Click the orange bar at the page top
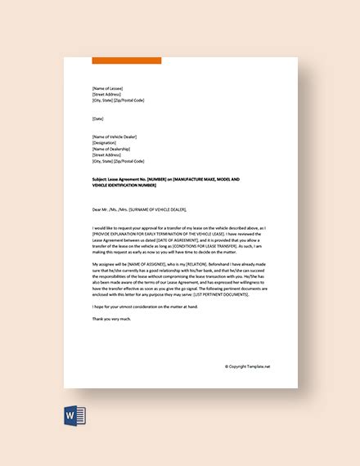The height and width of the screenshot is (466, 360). pos(127,60)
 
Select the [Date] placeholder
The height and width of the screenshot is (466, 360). pos(99,118)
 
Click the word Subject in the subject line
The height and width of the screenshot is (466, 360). pos(101,177)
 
